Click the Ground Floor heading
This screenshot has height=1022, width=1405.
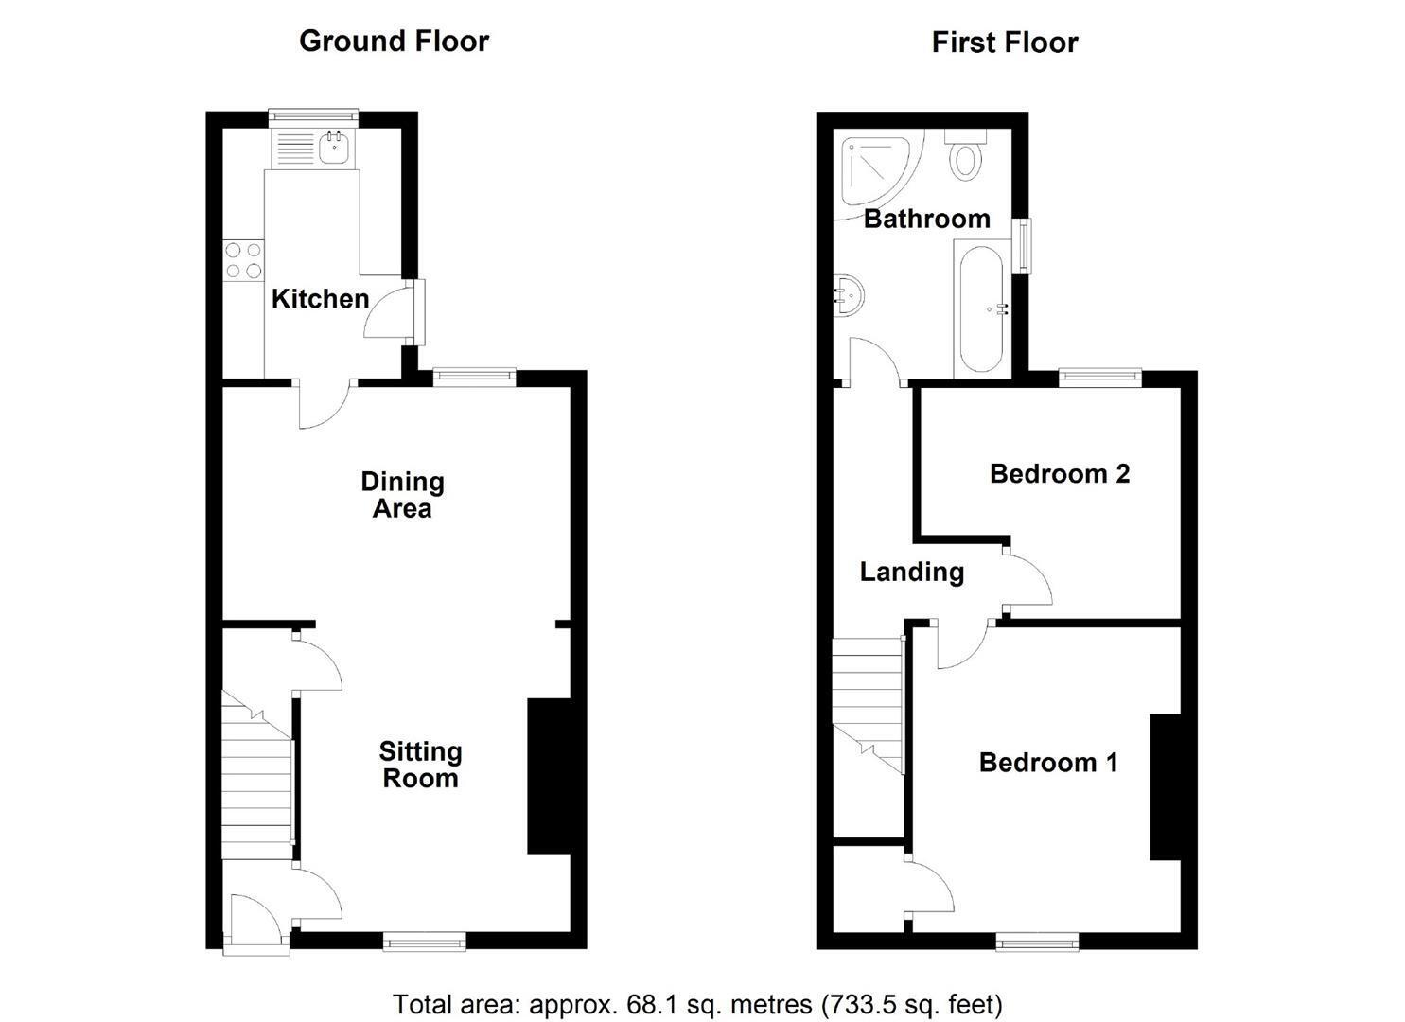[x=394, y=42]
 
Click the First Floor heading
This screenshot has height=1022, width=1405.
[x=1005, y=43]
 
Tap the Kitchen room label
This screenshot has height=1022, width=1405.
[x=320, y=299]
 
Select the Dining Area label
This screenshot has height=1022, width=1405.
[x=402, y=495]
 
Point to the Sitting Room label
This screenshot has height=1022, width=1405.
[x=420, y=766]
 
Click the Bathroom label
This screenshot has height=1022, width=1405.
[x=927, y=219]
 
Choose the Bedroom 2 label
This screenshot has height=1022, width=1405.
[x=1060, y=474]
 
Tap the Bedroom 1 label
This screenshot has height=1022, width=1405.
[x=1048, y=763]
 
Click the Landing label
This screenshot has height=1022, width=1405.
[x=911, y=573]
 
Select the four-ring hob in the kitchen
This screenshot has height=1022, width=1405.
[x=243, y=260]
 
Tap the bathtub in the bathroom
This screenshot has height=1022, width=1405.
[x=982, y=308]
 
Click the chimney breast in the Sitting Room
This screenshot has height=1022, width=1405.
[x=548, y=776]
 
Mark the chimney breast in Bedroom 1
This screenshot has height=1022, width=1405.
[x=1166, y=786]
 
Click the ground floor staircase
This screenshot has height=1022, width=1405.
[x=257, y=774]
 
